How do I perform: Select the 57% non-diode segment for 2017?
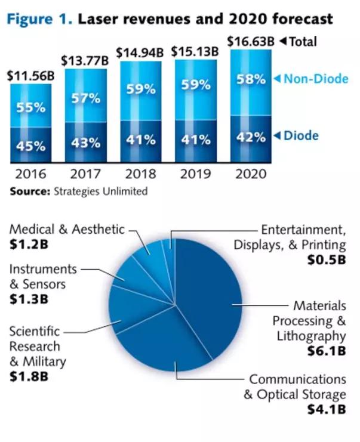85,98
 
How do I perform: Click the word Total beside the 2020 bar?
303,42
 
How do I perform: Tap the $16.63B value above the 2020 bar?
251,42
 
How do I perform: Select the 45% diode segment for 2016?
30,145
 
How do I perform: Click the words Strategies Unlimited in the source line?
100,191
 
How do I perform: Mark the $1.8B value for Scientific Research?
29,376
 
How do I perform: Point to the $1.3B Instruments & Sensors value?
29,299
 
